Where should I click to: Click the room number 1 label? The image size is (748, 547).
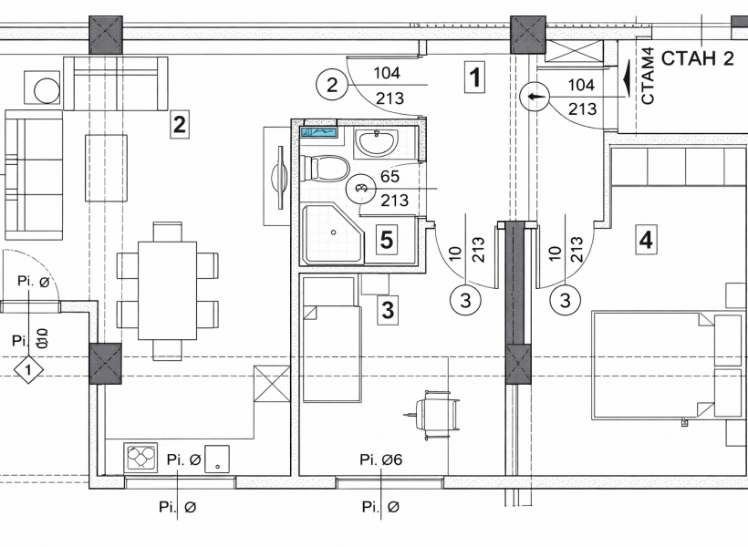tap(474, 77)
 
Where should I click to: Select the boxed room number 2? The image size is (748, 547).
tap(180, 125)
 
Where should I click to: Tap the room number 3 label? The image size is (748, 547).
tap(388, 310)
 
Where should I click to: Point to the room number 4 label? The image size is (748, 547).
tap(646, 240)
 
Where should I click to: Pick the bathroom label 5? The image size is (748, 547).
tap(387, 240)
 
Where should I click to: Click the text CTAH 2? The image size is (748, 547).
tap(697, 58)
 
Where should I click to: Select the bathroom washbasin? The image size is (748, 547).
tap(377, 142)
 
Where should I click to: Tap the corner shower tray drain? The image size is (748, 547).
tap(334, 232)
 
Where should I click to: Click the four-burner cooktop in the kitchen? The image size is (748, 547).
tap(140, 459)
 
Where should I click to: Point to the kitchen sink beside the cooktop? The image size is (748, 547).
tap(217, 459)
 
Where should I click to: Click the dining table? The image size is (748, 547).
tap(168, 291)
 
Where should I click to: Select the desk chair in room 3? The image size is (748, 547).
tap(434, 415)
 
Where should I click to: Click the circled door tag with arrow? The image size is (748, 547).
tap(535, 97)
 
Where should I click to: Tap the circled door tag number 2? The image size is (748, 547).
tap(331, 85)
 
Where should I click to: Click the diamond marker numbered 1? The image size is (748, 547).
tap(28, 370)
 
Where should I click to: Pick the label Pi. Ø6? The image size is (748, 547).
tap(381, 459)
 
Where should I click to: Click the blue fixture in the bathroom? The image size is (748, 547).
tap(319, 132)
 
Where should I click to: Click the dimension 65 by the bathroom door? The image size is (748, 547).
tap(390, 177)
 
